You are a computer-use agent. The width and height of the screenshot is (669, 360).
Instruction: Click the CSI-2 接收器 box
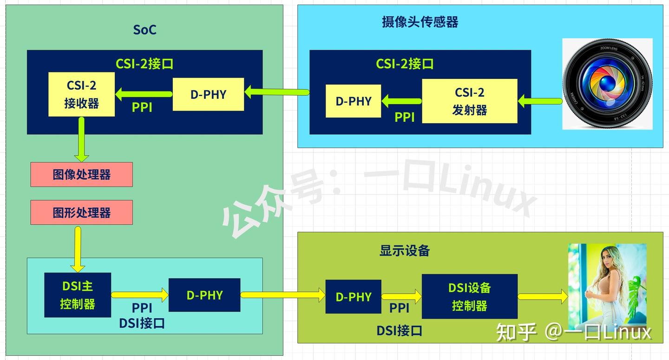point(81,94)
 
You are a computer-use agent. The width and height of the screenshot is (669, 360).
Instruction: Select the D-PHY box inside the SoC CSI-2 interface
point(208,94)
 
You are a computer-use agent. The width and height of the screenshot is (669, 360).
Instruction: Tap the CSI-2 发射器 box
point(469,101)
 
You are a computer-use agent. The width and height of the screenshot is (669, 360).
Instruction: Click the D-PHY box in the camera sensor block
point(353,101)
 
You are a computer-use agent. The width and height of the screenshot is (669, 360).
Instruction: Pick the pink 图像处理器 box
point(81,175)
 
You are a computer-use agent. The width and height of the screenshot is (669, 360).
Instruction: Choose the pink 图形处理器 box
point(81,213)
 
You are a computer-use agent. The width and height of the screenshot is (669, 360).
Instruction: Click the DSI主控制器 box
point(78,295)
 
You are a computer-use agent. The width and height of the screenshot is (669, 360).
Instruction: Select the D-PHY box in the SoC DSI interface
point(204,295)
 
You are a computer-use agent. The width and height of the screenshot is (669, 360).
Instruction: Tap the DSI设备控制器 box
point(469,296)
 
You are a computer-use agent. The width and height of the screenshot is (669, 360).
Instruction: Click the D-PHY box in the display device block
point(353,296)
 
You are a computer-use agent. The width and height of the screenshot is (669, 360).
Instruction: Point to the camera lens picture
point(607,84)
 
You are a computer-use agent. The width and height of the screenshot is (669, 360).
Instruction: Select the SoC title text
point(144,30)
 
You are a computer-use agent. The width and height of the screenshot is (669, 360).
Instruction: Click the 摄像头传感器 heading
point(420,22)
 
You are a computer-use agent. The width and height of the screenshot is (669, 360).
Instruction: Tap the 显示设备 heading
point(404,250)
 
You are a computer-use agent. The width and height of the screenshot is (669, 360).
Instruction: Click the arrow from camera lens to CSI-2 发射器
point(540,100)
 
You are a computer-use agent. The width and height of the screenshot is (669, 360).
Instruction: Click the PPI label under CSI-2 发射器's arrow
point(404,118)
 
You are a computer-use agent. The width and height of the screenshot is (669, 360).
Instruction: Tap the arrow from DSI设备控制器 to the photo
point(543,296)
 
